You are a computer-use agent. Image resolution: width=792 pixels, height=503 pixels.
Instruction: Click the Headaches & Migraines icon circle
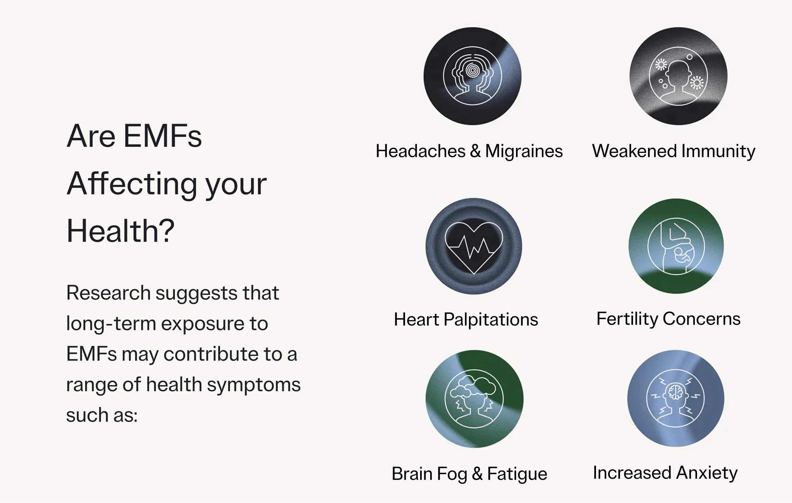coord(472,76)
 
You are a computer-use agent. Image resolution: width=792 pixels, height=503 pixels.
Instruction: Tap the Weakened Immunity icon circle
coord(678,76)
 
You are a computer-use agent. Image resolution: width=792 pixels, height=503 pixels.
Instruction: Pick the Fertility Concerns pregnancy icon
coord(676,246)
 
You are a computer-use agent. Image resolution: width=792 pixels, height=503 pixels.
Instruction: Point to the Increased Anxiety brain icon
coord(675,398)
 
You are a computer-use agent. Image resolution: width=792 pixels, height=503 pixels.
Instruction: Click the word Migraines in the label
coord(524,152)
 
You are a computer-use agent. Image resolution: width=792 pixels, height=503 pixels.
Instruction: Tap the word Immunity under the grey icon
coord(718,152)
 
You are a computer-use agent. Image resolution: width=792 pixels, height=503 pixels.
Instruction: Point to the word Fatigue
coord(517,474)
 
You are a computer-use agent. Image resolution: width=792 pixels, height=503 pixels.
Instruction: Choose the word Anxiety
coord(707,473)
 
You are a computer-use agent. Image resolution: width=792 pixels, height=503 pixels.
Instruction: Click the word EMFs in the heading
coord(162,136)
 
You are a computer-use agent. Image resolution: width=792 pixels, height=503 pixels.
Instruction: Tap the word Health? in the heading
coord(120,231)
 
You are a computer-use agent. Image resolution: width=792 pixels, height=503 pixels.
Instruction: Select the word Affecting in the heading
coord(132,184)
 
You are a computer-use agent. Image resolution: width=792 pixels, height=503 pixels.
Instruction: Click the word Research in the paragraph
coord(109,293)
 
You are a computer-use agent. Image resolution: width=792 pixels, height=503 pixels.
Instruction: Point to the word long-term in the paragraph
coord(111,324)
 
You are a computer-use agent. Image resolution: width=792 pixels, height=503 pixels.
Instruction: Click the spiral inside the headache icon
coord(473,70)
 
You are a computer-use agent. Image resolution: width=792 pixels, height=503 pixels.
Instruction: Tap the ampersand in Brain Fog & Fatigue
coord(477,474)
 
